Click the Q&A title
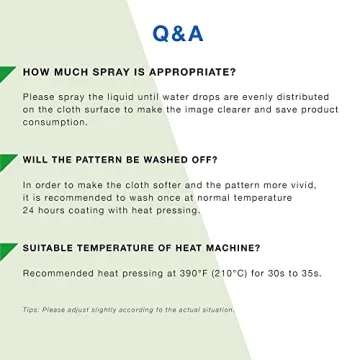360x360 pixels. tap(178, 33)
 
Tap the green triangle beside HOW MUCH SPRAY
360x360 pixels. tap(8, 74)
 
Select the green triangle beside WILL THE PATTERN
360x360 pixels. tap(8, 161)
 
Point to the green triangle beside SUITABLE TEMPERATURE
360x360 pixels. tap(8, 249)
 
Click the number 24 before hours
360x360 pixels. tap(28, 210)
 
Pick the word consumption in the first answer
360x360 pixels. tap(55, 122)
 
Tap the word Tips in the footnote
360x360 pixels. tap(30, 310)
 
